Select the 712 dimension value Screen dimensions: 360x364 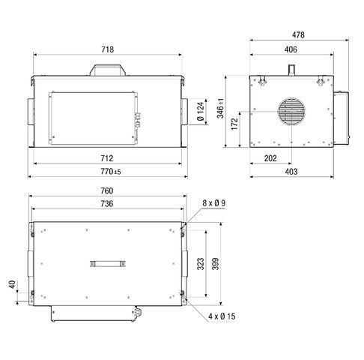pyautogui.click(x=106, y=159)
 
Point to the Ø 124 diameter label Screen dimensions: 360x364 pyautogui.click(x=201, y=112)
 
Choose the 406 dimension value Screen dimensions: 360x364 pyautogui.click(x=291, y=49)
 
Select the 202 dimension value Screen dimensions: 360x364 pyautogui.click(x=272, y=159)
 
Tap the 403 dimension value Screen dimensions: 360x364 pyautogui.click(x=291, y=172)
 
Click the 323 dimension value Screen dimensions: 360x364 pyautogui.click(x=201, y=264)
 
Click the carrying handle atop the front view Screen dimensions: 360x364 pyautogui.click(x=106, y=69)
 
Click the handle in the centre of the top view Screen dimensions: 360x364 pyautogui.click(x=106, y=262)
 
